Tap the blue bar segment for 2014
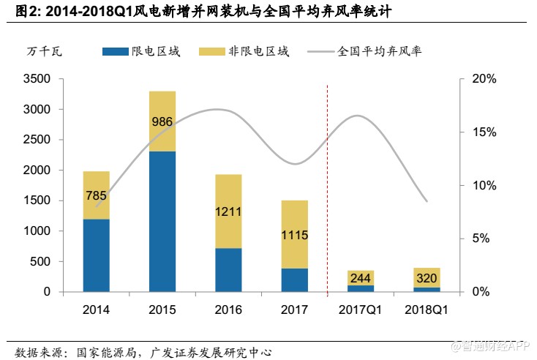tap(97, 255)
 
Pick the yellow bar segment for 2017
tap(295, 234)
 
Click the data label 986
tap(162, 121)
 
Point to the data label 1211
tap(229, 212)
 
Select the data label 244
tap(361, 277)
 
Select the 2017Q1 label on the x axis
tap(361, 310)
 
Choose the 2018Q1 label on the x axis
tap(427, 310)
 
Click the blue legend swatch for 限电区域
tap(116, 52)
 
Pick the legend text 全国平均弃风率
tap(379, 51)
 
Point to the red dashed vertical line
tap(327, 183)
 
